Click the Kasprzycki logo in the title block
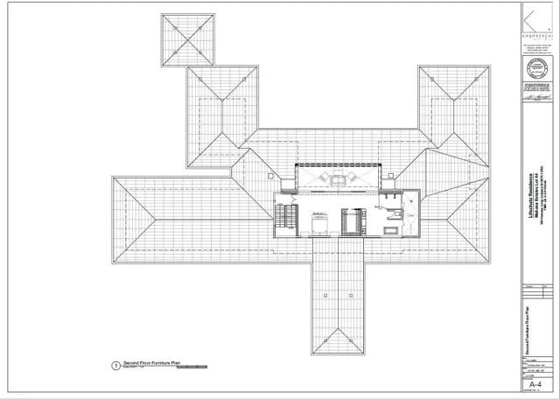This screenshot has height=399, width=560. pos(535,21)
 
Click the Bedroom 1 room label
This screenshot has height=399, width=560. pos(318,212)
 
